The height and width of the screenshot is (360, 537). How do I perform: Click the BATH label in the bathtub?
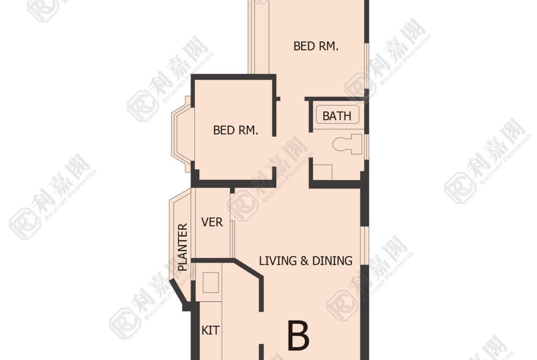pos(337,116)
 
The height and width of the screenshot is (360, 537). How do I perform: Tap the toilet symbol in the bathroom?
pos(347,144)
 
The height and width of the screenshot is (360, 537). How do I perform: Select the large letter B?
pos(299,335)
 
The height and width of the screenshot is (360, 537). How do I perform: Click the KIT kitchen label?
pos(210,330)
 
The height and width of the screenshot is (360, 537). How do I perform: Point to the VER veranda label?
pos(212,222)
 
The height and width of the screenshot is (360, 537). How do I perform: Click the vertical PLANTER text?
pos(183,247)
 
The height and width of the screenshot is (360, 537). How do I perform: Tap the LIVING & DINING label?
pos(306,261)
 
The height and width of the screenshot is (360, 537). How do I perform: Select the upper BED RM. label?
pos(316,46)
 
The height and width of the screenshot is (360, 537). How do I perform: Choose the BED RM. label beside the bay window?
pos(235,130)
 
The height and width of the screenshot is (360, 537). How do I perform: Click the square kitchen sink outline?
pos(211,282)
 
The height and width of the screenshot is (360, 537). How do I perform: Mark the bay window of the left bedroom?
pos(183,134)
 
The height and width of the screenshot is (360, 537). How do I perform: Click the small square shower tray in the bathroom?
pos(323,172)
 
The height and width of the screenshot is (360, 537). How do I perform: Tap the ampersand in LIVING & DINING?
pos(304,261)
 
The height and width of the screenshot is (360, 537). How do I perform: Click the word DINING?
pos(332,261)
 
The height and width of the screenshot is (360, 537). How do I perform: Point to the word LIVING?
pos(278,261)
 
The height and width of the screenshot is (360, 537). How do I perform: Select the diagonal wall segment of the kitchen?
pos(248,268)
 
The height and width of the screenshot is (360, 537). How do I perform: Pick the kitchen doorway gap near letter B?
pos(261,328)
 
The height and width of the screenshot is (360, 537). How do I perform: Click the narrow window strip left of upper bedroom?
pos(252,37)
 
